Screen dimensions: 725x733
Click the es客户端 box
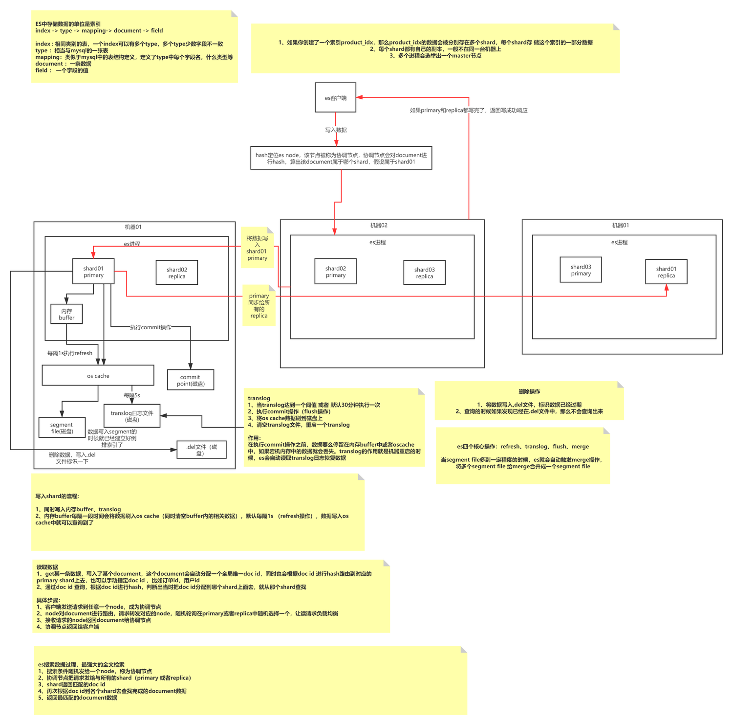coord(336,98)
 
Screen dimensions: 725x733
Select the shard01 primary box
coord(93,272)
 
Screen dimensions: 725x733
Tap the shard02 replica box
coord(177,272)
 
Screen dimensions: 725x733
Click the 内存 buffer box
coord(66,314)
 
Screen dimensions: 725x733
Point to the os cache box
coord(98,376)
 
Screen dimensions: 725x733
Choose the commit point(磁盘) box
coord(190,380)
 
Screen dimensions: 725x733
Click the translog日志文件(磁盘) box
coord(132,416)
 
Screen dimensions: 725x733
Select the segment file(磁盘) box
coord(62,428)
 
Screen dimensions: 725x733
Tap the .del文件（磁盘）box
coord(201,450)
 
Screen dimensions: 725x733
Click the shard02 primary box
coord(336,272)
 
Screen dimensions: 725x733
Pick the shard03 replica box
coord(424,272)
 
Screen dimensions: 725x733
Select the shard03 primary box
coord(581,270)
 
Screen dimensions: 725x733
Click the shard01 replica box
coord(666,272)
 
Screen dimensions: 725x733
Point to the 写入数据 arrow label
coord(336,130)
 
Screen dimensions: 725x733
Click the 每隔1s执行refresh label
coord(70,353)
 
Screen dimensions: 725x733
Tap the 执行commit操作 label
coord(151,327)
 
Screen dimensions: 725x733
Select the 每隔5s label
coord(132,395)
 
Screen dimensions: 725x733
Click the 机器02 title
coord(379,226)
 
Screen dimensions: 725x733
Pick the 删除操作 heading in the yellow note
coord(529,391)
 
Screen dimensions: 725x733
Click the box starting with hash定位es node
coord(341,158)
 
